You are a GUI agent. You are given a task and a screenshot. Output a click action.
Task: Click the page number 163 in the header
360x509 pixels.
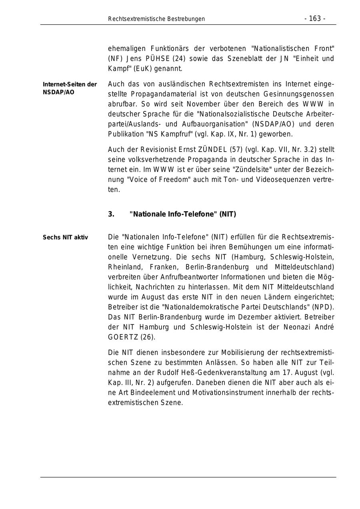315,19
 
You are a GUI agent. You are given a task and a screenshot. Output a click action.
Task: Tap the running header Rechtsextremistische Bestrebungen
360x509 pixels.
156,19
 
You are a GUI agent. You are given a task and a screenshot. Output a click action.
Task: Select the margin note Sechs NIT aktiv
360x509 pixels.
65,238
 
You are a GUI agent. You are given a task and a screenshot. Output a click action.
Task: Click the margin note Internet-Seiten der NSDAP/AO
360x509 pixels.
70,88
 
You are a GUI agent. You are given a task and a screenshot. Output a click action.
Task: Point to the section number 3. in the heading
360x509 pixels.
111,214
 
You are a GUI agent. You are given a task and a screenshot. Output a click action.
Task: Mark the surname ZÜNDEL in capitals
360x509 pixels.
213,150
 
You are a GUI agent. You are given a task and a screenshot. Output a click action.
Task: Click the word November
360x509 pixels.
180,104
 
